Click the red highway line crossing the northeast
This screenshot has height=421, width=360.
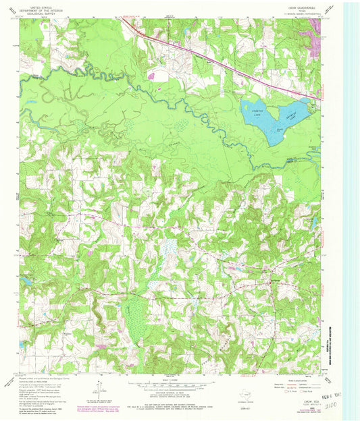(x=223, y=63)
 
